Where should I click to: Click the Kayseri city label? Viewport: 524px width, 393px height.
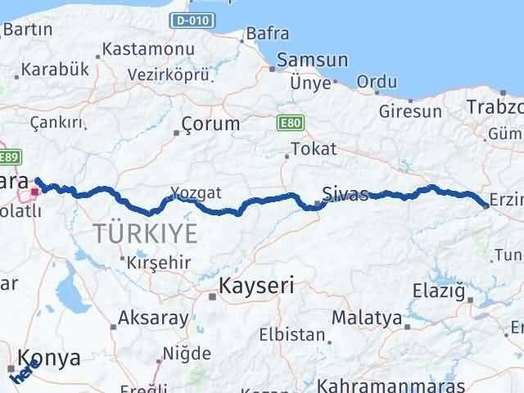click(x=256, y=287)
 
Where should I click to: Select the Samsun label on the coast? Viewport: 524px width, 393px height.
click(x=313, y=61)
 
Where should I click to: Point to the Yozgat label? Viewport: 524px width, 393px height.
click(x=196, y=193)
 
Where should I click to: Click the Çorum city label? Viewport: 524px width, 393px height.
click(x=212, y=124)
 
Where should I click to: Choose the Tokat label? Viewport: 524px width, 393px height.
click(x=308, y=149)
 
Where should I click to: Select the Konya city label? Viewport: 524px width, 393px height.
click(x=51, y=359)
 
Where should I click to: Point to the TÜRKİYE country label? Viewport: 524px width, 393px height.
click(x=145, y=233)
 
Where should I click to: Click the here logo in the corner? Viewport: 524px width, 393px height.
click(x=21, y=373)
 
